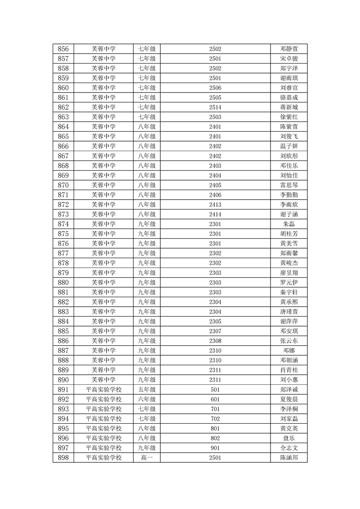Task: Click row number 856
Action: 64,49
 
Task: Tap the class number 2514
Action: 215,107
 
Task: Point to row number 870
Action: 64,185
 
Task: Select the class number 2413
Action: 215,205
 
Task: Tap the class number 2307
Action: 215,331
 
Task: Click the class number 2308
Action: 215,341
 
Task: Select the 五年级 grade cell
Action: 147,390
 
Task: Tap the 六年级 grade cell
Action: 147,399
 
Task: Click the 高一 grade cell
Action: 147,458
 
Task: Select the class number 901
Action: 215,448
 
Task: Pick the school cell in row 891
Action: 104,390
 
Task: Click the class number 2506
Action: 215,88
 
